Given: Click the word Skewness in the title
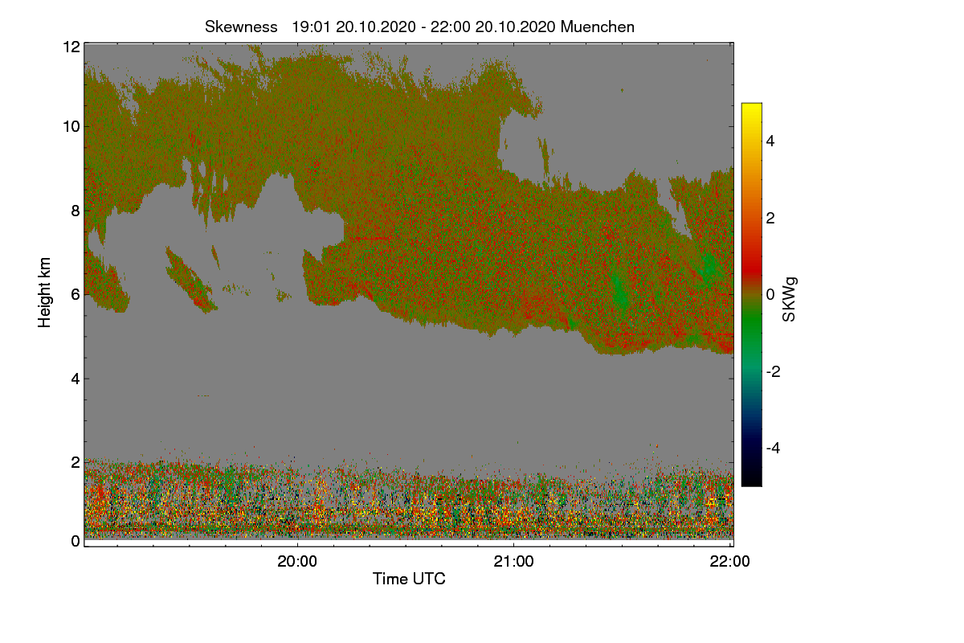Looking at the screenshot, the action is pos(241,27).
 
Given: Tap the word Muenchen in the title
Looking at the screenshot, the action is pos(598,27).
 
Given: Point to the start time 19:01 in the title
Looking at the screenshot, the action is pos(311,27).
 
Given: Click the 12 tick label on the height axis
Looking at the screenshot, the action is pos(71,47).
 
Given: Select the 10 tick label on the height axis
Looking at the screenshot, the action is pos(71,127).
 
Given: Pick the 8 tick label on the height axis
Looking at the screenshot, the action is pos(76,211).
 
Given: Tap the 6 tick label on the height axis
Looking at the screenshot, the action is pos(76,295).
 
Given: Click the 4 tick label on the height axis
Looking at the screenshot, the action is pos(76,379).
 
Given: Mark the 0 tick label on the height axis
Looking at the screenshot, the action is pos(76,541).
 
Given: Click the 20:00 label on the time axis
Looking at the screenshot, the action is pos(297,562).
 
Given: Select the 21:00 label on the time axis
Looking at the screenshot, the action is pos(514,562).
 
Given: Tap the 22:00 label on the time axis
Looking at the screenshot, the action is pos(730,562).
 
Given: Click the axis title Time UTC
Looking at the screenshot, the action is pos(409,579).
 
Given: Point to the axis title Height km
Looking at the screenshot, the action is pos(44,293).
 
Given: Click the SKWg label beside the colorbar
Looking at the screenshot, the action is pos(789,300).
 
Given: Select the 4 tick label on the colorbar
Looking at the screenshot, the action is pos(770,141).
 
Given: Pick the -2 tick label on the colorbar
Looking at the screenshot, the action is pos(773,371).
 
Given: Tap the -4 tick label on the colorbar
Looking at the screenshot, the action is pos(773,448).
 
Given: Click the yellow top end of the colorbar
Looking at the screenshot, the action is pos(752,105).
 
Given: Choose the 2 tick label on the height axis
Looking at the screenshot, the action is pos(76,462).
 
